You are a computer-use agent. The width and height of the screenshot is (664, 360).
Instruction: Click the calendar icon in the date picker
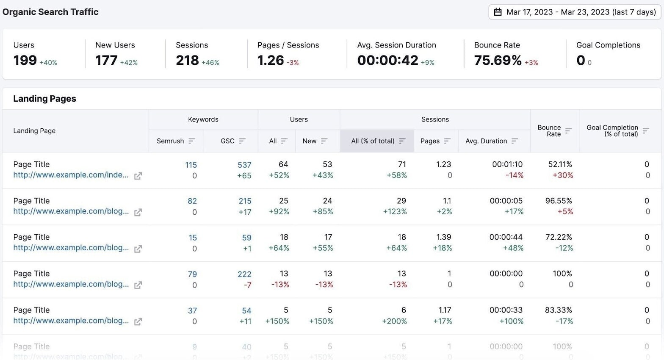[x=498, y=12]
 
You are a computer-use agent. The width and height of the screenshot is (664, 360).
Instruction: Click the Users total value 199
[x=25, y=61]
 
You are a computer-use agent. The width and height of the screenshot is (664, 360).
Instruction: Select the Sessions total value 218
[x=187, y=61]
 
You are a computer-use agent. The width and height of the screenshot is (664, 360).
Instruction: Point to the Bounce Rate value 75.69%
[x=498, y=61]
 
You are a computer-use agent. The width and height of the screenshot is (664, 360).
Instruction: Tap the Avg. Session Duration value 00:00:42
[x=387, y=61]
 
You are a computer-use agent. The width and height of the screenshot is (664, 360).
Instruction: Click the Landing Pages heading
[x=44, y=99]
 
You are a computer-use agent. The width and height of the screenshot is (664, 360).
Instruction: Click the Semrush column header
[x=170, y=141]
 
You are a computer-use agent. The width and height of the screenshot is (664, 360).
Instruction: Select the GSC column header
[x=227, y=141]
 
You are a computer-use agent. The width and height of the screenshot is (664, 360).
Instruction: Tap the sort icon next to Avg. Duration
[x=515, y=141]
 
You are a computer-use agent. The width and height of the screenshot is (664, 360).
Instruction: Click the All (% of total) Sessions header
[x=373, y=141]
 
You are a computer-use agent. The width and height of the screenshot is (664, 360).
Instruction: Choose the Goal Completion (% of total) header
[x=612, y=131]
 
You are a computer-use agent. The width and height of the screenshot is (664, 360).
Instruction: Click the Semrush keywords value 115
[x=191, y=165]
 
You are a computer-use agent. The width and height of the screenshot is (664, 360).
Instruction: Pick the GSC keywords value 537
[x=244, y=165]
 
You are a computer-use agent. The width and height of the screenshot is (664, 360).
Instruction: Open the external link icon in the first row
[x=138, y=176]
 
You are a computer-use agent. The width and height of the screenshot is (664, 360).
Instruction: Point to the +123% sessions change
[x=395, y=212]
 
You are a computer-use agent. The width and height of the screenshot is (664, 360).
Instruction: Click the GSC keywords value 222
[x=244, y=274]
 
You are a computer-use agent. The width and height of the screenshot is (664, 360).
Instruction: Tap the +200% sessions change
[x=394, y=321]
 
